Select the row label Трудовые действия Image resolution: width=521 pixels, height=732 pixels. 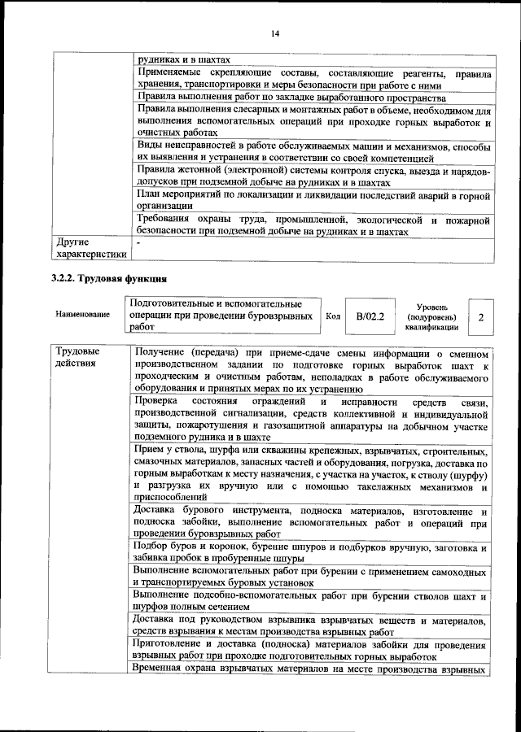click(79, 358)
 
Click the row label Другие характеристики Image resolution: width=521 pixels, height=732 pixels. click(90, 248)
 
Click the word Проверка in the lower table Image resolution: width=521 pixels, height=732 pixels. click(160, 402)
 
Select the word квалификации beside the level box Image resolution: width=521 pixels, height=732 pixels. click(431, 328)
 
